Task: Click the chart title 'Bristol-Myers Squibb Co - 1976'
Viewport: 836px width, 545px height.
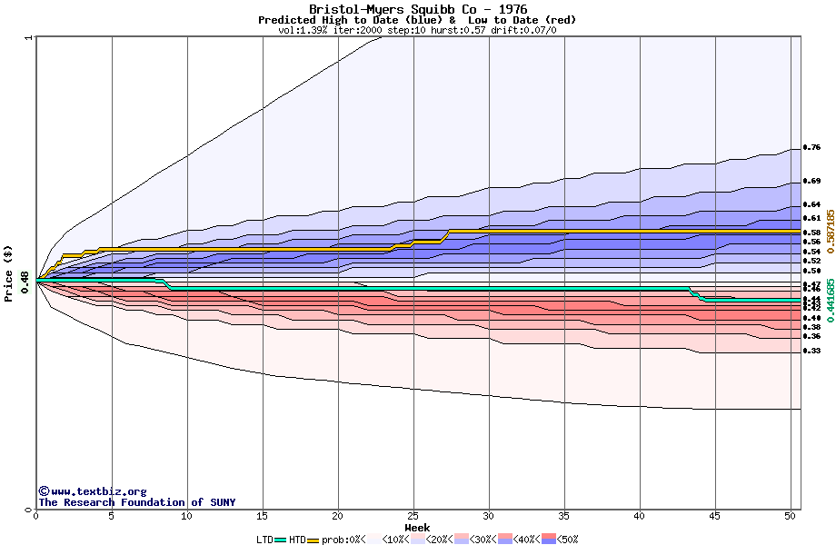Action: (417, 9)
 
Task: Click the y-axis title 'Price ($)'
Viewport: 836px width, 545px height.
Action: (8, 272)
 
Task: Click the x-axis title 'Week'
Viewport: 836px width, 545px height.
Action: (417, 527)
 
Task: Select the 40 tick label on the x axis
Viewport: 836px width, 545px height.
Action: (640, 516)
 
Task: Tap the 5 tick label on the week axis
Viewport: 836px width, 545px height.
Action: (112, 516)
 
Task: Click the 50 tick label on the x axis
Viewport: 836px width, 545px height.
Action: (791, 516)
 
